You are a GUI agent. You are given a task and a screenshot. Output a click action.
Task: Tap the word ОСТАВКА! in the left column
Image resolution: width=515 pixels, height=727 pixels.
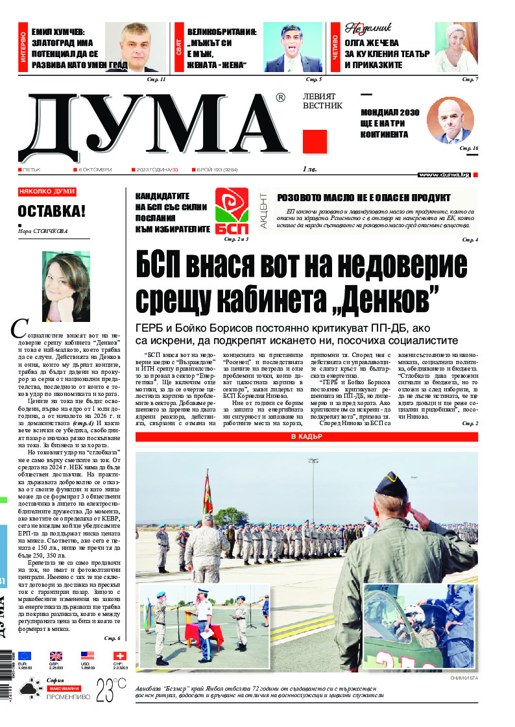(51, 212)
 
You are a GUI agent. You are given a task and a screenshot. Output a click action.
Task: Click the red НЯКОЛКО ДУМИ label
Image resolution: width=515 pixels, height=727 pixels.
(47, 192)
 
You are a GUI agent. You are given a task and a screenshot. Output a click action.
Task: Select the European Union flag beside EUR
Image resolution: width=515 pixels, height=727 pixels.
(25, 656)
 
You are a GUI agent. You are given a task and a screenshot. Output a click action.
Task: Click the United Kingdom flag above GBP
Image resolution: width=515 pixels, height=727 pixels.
(56, 656)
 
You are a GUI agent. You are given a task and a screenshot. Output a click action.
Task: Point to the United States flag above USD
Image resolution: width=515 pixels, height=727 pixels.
(88, 656)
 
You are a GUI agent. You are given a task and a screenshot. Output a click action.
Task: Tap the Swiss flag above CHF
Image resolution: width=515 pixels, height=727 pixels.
(119, 656)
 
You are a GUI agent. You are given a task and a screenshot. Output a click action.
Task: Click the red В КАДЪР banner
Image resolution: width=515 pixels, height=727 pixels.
(306, 437)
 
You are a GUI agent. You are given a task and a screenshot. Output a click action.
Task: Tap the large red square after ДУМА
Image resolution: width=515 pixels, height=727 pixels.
(315, 142)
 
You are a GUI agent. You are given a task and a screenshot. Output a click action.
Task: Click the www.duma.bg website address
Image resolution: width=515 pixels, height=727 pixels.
(444, 175)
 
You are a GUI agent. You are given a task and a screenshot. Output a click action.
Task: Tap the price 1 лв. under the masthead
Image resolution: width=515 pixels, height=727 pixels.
(310, 169)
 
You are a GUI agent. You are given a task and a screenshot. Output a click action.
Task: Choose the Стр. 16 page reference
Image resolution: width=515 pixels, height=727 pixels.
(469, 149)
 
